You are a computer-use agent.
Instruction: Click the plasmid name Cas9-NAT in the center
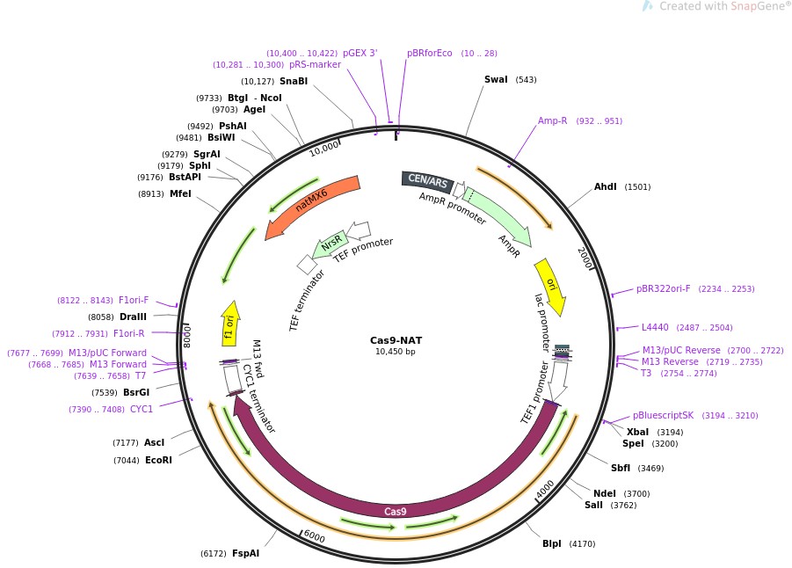395,340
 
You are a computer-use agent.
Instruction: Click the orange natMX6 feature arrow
313,206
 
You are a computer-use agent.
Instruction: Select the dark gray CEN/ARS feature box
427,182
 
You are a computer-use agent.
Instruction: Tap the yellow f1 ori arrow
229,323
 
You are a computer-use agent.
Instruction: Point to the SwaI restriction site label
496,80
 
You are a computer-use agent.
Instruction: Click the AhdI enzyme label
605,187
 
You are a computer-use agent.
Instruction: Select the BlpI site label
551,543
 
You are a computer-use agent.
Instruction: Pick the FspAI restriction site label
245,553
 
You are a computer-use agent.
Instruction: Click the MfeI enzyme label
180,194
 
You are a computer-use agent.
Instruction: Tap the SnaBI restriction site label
294,82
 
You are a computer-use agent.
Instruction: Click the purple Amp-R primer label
552,121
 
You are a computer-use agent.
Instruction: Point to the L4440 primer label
655,327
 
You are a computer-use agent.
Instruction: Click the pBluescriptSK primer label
663,415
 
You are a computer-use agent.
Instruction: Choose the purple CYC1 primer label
142,409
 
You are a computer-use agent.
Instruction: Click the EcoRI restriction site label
158,460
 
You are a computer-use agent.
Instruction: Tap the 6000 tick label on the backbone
314,537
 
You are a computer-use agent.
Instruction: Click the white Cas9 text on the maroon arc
396,511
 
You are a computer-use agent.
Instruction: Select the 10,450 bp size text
395,352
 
